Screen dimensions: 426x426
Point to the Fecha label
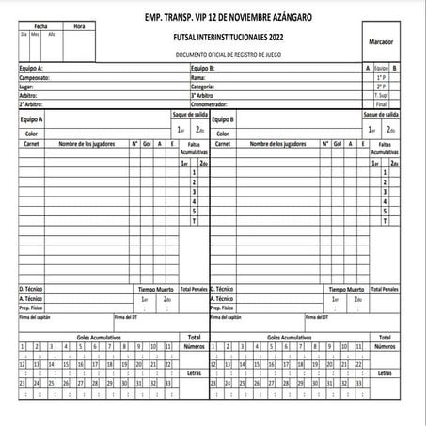(39, 25)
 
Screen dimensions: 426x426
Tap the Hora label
(79, 25)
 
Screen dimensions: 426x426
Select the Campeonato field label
(36, 77)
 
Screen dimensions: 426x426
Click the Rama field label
(199, 77)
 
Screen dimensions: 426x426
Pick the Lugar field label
(27, 86)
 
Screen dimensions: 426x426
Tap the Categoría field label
(204, 86)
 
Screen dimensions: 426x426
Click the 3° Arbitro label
(206, 94)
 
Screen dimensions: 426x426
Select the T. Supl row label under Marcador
(381, 94)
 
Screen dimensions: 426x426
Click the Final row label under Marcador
(381, 103)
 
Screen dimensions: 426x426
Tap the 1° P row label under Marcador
(381, 77)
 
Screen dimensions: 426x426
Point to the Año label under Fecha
(53, 33)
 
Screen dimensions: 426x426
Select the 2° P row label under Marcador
(381, 86)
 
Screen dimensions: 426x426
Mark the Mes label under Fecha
(37, 33)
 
